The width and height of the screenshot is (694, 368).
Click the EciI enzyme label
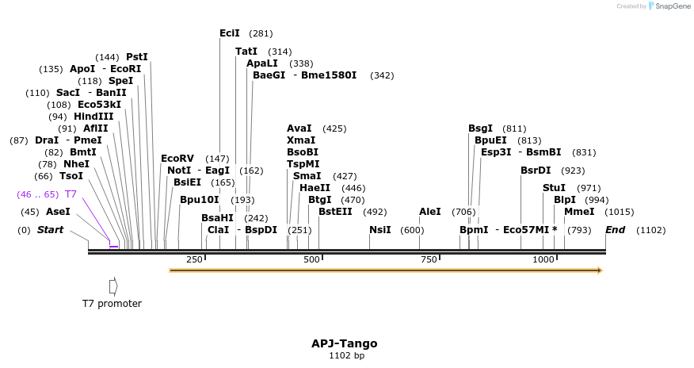230,33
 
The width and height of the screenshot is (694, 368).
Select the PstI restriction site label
137,57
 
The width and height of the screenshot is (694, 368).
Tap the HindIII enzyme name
93,117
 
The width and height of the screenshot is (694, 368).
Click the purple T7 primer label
71,194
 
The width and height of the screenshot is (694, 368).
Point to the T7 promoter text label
112,303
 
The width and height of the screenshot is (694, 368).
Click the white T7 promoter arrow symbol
113,285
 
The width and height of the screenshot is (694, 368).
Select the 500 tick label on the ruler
311,259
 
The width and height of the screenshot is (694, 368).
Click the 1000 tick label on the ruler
543,259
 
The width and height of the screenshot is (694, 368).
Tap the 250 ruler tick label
194,259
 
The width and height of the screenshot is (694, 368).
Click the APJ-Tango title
344,343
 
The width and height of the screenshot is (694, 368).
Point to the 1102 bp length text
346,356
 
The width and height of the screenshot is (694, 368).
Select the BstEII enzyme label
335,212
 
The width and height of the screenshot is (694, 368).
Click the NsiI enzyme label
380,230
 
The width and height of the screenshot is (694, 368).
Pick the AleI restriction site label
430,212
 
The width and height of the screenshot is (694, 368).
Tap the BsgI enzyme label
480,128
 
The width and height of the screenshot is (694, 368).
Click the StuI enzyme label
555,188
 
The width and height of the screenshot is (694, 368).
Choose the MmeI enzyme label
579,212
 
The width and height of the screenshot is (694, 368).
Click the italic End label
616,230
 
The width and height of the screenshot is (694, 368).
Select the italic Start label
50,230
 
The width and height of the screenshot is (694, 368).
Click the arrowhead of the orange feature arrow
600,270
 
